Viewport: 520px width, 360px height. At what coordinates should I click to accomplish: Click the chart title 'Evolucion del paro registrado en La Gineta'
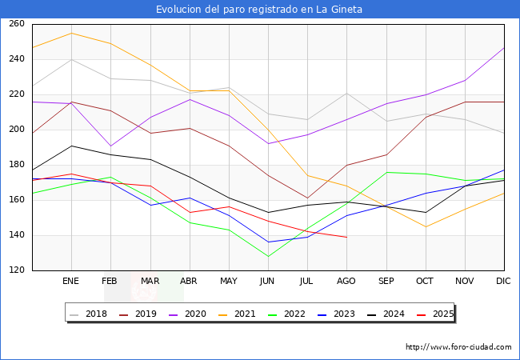259,10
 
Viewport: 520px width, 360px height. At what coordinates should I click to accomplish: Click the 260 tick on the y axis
17,24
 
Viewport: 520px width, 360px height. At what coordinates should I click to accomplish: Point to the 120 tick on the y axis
17,270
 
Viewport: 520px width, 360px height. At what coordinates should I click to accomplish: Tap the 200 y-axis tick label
17,130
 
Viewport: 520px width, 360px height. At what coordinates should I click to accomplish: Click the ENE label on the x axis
71,282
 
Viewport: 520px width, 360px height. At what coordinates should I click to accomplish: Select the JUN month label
268,282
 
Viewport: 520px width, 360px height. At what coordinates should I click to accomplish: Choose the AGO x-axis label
346,282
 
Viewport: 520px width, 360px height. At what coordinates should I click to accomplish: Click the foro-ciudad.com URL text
458,347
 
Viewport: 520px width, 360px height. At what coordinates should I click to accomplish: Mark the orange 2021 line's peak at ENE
71,33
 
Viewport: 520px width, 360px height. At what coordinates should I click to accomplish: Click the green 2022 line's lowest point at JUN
268,257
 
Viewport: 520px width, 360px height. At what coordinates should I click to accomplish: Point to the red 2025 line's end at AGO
346,237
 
